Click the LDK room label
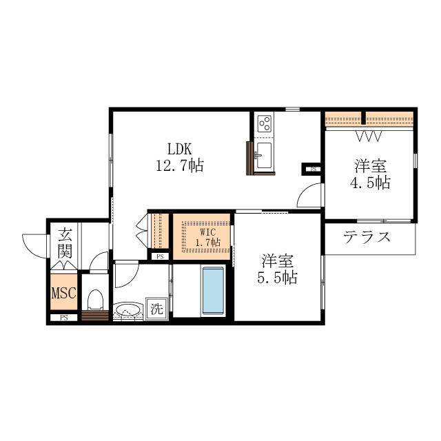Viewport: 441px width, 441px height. click(x=179, y=149)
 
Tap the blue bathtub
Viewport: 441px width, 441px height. click(x=213, y=291)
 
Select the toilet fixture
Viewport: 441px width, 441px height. click(x=95, y=300)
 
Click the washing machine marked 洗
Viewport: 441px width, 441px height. click(x=156, y=309)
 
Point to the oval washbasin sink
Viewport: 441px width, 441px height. click(x=128, y=311)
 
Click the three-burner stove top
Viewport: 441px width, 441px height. click(x=265, y=124)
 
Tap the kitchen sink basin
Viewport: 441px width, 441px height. click(x=264, y=156)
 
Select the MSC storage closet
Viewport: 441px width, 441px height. click(x=64, y=292)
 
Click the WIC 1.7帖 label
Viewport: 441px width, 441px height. click(x=207, y=237)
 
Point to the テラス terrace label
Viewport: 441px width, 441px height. click(x=367, y=237)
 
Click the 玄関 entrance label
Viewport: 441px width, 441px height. click(x=65, y=243)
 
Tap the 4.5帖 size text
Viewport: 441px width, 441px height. click(x=370, y=183)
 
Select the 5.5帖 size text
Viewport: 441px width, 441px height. click(x=277, y=278)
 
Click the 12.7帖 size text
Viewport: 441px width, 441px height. click(x=180, y=165)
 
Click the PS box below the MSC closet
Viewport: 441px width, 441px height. click(x=64, y=318)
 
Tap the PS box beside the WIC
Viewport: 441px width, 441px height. click(x=160, y=256)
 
